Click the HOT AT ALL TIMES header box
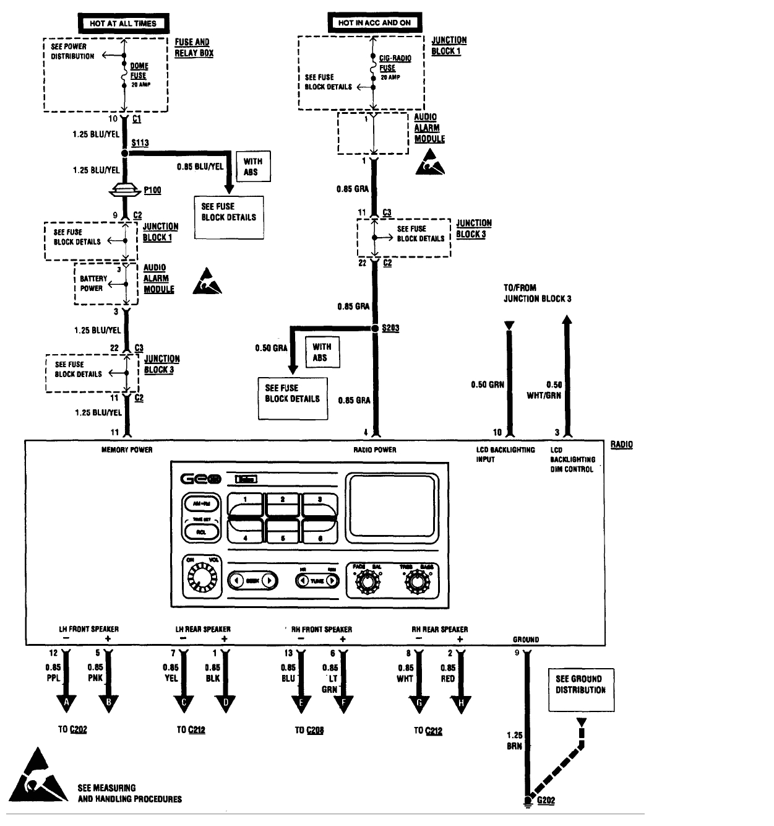coord(123,24)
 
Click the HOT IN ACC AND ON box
coord(374,23)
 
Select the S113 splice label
coord(140,143)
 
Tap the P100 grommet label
coord(152,191)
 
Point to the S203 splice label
coord(390,328)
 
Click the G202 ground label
coord(546,801)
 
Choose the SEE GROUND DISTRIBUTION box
coord(580,685)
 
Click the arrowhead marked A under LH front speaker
coord(66,702)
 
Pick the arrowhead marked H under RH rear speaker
coord(461,702)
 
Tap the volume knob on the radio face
coord(200,578)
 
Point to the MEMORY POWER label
coord(127,450)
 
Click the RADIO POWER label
coord(375,450)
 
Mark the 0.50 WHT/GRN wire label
coord(545,389)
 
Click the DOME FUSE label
coord(139,71)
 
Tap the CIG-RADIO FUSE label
coord(394,63)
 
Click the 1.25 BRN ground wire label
coord(515,741)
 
